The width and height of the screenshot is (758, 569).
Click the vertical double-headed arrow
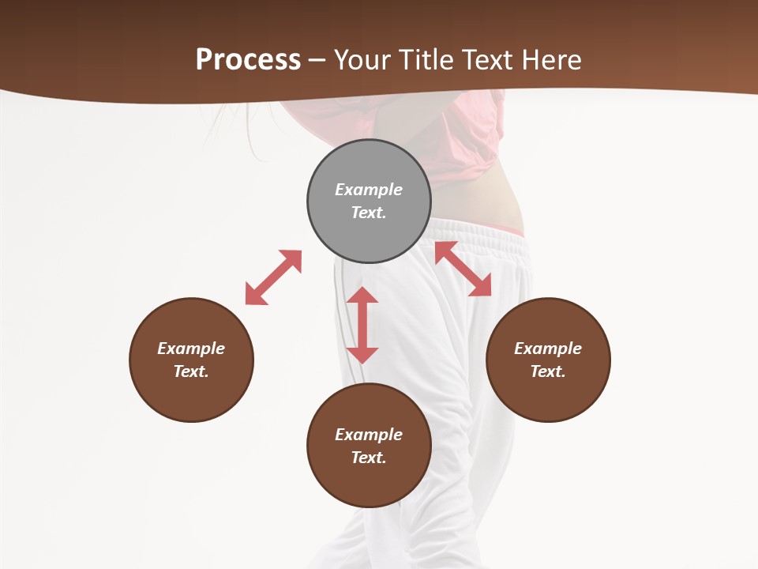tap(362, 325)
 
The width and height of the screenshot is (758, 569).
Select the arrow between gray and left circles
tap(273, 277)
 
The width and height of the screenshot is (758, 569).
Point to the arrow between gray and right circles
tap(463, 269)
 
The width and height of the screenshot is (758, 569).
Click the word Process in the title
tap(248, 59)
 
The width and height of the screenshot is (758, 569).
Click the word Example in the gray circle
tap(369, 190)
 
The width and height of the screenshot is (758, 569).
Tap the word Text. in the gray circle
tap(369, 213)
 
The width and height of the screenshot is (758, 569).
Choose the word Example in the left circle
tap(191, 349)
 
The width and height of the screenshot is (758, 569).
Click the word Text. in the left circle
tap(191, 371)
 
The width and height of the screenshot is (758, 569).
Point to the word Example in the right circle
tap(548, 349)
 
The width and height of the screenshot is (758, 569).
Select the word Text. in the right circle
tap(548, 371)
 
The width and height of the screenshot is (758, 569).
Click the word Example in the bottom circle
tap(369, 435)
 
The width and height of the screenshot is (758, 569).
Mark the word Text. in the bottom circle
tap(369, 458)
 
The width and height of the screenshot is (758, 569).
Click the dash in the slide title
tap(317, 60)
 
